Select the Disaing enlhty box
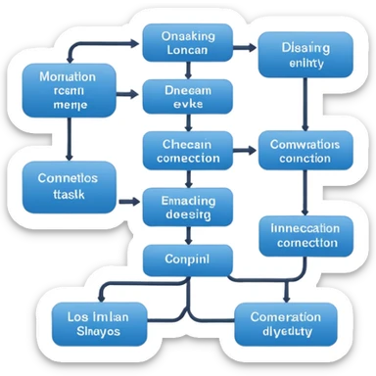click(305, 53)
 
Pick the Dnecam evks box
click(188, 99)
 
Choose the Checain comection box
click(188, 150)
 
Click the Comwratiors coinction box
click(305, 150)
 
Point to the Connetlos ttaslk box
click(67, 186)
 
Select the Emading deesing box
click(188, 208)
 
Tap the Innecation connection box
click(305, 237)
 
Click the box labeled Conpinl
click(188, 261)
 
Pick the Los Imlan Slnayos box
click(100, 324)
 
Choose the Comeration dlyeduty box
click(286, 324)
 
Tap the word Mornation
click(67, 75)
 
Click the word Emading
click(188, 199)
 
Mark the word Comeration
click(286, 316)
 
